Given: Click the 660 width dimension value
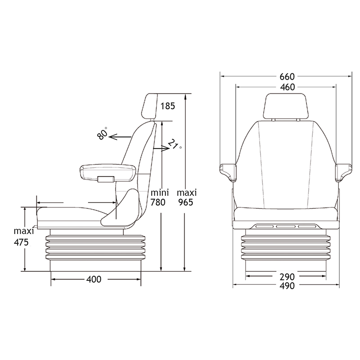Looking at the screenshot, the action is (287, 76).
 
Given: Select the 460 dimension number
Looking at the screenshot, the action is (288, 87).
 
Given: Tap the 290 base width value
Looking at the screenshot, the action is (287, 277).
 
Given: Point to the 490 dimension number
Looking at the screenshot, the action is (287, 286).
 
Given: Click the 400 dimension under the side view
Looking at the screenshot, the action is (94, 279).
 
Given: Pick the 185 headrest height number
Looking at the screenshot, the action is (167, 106).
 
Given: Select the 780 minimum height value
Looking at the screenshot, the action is (158, 202).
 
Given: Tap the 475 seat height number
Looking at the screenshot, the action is (21, 242).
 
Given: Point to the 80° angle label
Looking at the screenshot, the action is (103, 133).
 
